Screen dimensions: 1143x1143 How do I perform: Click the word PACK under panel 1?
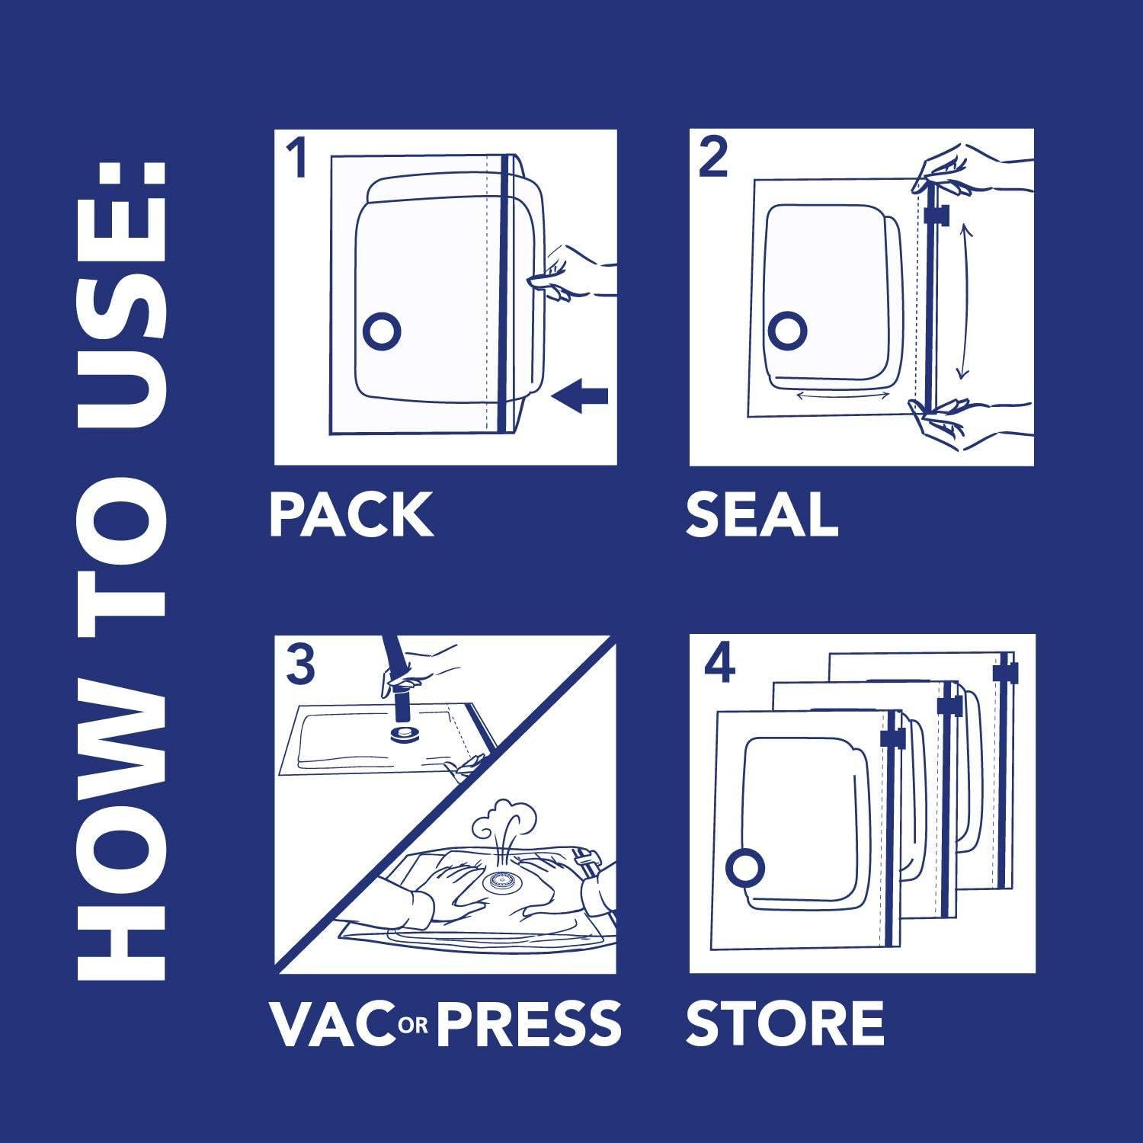pos(351,515)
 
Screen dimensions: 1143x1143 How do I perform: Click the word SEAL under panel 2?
pos(761,515)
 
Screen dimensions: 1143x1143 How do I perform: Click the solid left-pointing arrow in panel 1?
pos(580,396)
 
